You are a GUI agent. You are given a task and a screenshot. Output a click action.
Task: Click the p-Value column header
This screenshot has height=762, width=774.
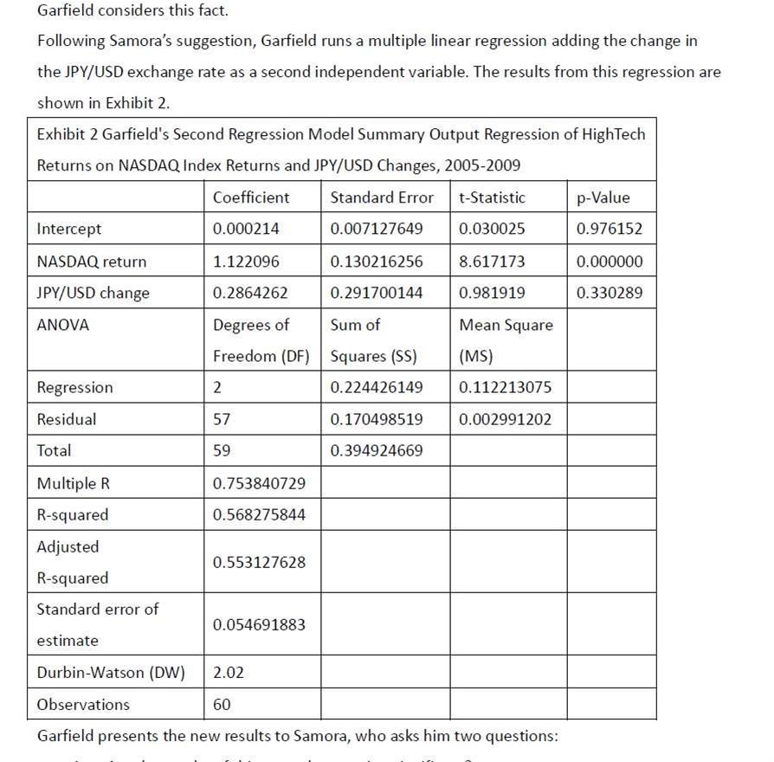tap(603, 197)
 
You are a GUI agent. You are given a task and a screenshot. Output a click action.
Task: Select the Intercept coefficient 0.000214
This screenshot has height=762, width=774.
tap(246, 229)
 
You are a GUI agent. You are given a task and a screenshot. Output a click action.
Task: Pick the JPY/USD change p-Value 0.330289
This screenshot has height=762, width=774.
tap(610, 293)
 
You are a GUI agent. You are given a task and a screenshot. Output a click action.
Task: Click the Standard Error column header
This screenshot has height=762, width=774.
tap(382, 197)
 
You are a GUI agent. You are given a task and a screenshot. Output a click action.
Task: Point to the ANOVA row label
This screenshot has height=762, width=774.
tap(63, 325)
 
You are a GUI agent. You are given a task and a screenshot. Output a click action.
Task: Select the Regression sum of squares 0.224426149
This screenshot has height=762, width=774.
tap(377, 387)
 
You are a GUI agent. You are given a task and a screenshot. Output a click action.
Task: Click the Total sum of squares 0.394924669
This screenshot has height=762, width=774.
tap(377, 450)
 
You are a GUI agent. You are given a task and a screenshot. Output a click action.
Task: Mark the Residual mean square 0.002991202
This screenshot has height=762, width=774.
tap(505, 419)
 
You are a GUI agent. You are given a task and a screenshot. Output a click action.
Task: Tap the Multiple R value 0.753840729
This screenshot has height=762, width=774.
tap(259, 482)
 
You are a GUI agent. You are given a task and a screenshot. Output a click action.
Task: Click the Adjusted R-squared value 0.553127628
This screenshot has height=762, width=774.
tap(259, 562)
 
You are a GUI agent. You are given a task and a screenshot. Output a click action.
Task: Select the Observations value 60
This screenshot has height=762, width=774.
tap(222, 704)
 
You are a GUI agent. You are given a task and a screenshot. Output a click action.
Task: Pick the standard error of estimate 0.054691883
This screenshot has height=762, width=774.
tap(259, 624)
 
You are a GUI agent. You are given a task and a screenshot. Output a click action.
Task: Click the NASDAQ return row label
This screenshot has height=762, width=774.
tap(91, 262)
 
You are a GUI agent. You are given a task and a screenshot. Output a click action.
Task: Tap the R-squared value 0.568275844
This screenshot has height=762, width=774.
tap(259, 514)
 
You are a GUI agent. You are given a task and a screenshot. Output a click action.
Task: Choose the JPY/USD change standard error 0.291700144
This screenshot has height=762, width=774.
tap(377, 293)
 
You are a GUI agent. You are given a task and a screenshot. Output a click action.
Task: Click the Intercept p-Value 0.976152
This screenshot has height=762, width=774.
tap(610, 229)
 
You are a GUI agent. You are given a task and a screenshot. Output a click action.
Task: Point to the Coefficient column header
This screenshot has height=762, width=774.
tap(251, 197)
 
